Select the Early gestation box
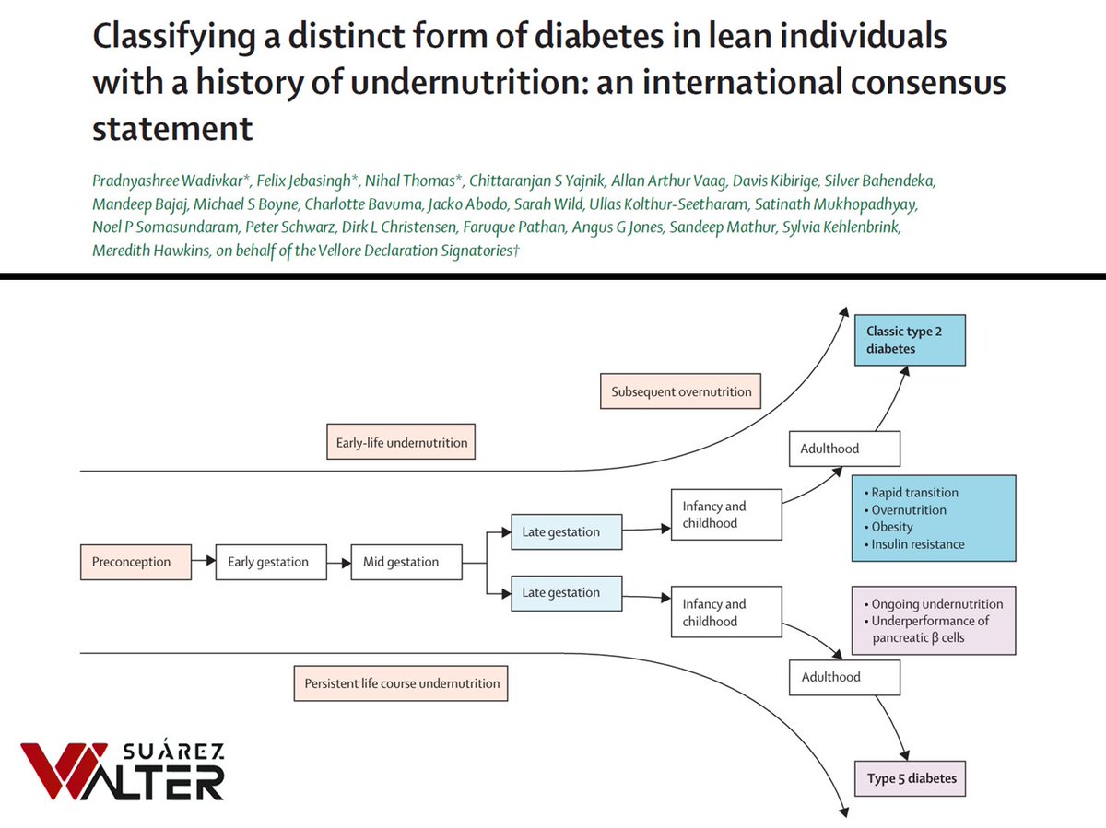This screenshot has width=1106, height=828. (x=270, y=562)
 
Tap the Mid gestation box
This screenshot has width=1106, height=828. (x=406, y=562)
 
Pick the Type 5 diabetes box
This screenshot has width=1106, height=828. (x=911, y=778)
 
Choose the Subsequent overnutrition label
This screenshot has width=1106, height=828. (x=681, y=391)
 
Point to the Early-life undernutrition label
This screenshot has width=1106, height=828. (x=401, y=442)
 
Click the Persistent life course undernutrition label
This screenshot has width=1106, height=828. (x=401, y=683)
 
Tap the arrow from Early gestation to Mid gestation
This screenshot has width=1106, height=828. (x=338, y=562)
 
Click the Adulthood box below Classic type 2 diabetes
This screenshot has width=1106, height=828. (x=843, y=449)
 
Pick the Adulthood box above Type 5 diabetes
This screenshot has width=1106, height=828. (x=843, y=677)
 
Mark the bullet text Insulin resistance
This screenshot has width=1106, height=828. (x=918, y=544)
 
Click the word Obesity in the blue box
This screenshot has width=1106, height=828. (x=892, y=527)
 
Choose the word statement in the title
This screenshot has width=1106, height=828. (x=172, y=128)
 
